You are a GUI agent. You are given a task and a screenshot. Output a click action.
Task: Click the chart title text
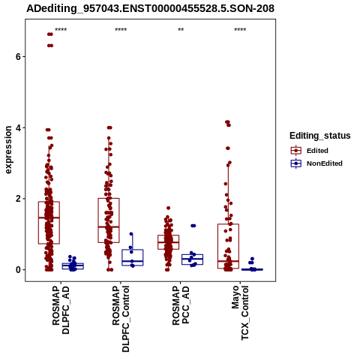[x=151, y=9]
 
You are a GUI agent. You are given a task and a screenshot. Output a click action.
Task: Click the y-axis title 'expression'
[x=8, y=150]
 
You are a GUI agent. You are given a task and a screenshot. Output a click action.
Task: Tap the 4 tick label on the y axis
[x=18, y=127]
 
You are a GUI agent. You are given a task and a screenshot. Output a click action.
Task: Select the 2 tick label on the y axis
[x=18, y=199]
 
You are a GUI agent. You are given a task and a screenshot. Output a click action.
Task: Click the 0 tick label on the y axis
[x=18, y=270]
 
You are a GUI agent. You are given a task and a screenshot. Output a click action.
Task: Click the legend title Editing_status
[x=320, y=136]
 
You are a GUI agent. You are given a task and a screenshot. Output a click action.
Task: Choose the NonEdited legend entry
[x=316, y=163]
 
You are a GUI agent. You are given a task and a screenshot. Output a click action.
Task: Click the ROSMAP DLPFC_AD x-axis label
[x=61, y=310]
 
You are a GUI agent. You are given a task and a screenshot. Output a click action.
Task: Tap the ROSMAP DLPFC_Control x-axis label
[x=121, y=319]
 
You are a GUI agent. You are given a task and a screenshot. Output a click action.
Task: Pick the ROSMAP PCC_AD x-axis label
[x=181, y=305]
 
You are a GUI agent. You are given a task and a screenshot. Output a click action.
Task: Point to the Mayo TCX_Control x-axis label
[x=240, y=313]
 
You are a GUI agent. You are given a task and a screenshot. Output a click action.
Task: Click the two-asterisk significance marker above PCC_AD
[x=181, y=30]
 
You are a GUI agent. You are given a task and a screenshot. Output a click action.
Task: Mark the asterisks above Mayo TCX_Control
[x=240, y=30]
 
